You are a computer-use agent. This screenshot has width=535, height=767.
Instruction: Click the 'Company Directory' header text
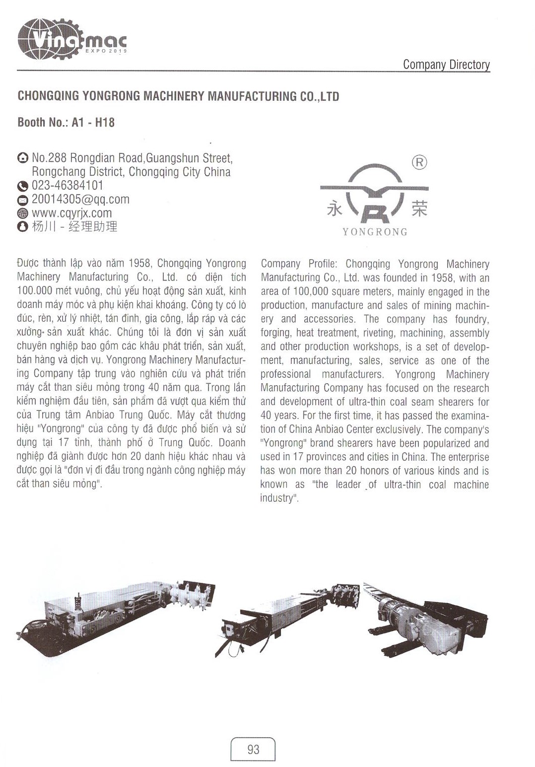[x=446, y=65]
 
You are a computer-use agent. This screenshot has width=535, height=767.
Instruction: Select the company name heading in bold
[x=178, y=96]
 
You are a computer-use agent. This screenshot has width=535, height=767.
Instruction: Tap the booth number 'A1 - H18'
[x=93, y=122]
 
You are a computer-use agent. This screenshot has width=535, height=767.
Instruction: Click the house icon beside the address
[x=23, y=158]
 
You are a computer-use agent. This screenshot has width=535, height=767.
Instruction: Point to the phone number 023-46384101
[x=67, y=186]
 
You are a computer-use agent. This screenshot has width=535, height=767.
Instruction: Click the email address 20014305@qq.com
[x=80, y=200]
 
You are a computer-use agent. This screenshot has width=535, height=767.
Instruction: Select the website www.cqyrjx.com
[x=71, y=213]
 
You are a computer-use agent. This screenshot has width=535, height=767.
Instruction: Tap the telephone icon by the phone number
[x=23, y=186]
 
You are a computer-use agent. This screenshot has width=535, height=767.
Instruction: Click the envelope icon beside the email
[x=23, y=200]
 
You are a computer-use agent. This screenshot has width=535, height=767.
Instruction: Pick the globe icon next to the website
[x=23, y=213]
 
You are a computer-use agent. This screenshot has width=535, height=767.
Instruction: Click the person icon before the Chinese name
[x=23, y=227]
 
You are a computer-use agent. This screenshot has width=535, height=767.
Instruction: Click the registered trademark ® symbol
[x=419, y=162]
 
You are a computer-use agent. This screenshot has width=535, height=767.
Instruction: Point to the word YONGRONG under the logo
[x=375, y=232]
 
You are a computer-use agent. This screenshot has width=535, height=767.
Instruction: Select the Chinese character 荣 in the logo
[x=419, y=209]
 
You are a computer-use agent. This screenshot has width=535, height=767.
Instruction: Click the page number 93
[x=253, y=749]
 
